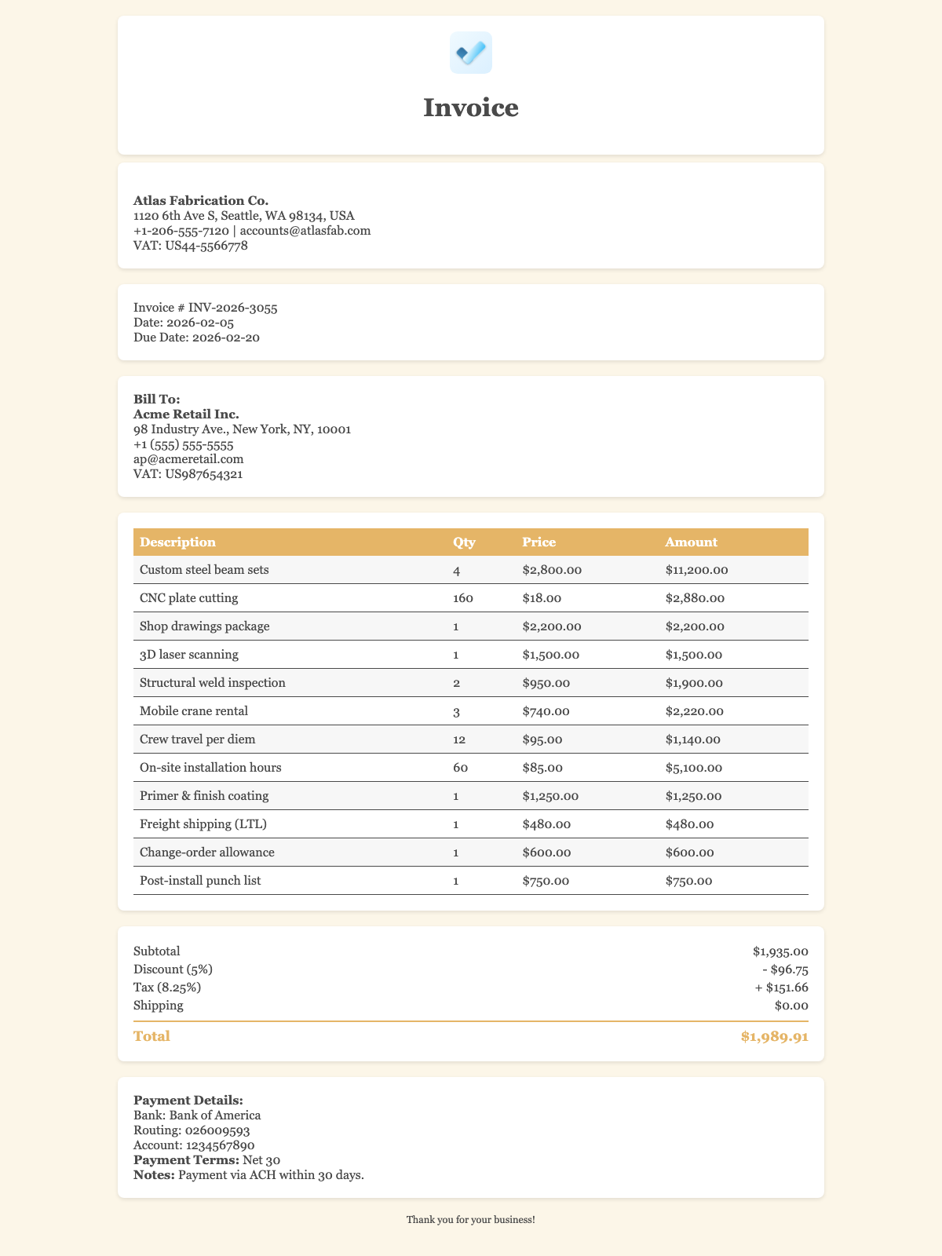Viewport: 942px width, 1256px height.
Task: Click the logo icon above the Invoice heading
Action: click(471, 53)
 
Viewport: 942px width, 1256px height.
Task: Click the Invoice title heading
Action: click(471, 108)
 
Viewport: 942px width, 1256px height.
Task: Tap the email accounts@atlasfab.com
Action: click(305, 231)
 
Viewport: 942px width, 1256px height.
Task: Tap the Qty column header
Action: click(463, 542)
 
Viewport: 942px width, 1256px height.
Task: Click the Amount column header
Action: click(690, 542)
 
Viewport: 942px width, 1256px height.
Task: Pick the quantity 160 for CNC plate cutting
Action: click(463, 598)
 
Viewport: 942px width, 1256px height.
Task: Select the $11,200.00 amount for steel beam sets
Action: click(696, 570)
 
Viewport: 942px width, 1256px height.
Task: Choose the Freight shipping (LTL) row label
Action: click(196, 824)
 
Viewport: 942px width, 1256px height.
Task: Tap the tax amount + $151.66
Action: click(774, 988)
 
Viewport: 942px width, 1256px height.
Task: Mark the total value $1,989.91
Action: click(774, 1037)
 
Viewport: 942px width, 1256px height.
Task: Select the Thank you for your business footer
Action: click(471, 1221)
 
